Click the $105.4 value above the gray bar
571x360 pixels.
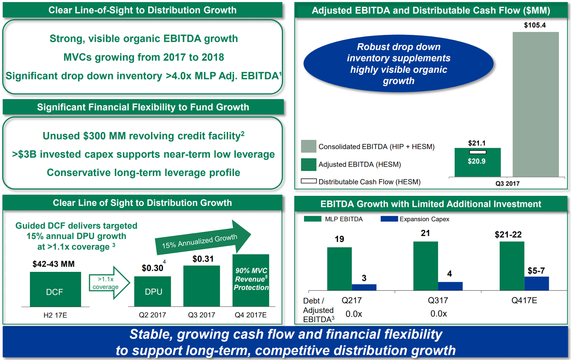pyautogui.click(x=535, y=25)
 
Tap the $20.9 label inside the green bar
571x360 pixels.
pyautogui.click(x=476, y=161)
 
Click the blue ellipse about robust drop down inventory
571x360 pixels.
pyautogui.click(x=398, y=64)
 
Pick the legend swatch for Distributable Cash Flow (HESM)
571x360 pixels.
pyautogui.click(x=308, y=181)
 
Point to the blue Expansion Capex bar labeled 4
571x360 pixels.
pyautogui.click(x=450, y=286)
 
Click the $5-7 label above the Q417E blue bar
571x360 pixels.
pyautogui.click(x=536, y=271)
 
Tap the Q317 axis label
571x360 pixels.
pyautogui.click(x=438, y=300)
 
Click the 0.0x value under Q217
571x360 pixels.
pyautogui.click(x=354, y=314)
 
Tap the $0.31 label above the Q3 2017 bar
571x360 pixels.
pyautogui.click(x=203, y=259)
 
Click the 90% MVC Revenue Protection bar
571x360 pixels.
pyautogui.click(x=251, y=280)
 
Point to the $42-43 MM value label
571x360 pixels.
pyautogui.click(x=54, y=264)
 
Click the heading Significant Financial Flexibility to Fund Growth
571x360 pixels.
pyautogui.click(x=143, y=107)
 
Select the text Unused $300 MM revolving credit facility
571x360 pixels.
pyautogui.click(x=143, y=136)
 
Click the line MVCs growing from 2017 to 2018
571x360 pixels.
pyautogui.click(x=143, y=57)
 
